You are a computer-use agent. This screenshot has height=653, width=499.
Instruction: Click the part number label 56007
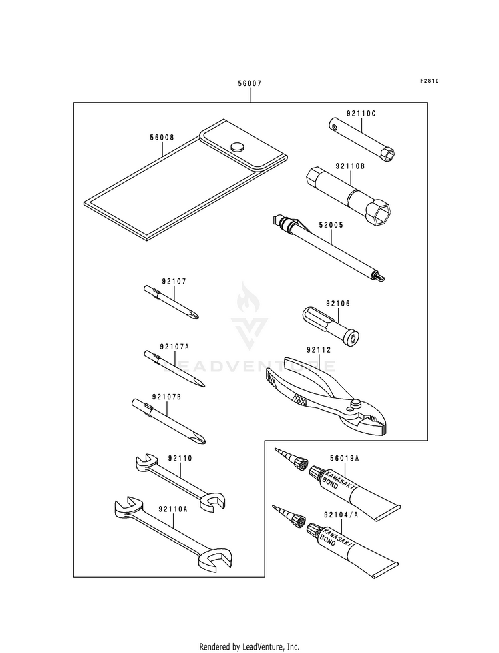coord(249,85)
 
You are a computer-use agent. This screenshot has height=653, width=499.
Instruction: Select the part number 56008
coord(162,138)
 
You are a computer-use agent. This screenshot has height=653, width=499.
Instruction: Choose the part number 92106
coord(338,304)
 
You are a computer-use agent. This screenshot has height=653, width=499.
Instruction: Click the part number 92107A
coord(174,347)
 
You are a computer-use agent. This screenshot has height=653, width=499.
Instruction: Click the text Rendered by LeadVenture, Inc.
coord(249,646)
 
